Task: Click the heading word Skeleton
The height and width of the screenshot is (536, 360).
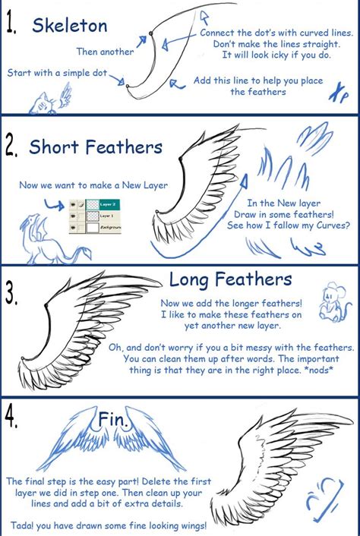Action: click(x=69, y=26)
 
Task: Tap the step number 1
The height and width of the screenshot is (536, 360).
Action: click(x=13, y=26)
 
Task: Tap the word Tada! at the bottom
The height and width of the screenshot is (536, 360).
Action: click(x=24, y=525)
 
